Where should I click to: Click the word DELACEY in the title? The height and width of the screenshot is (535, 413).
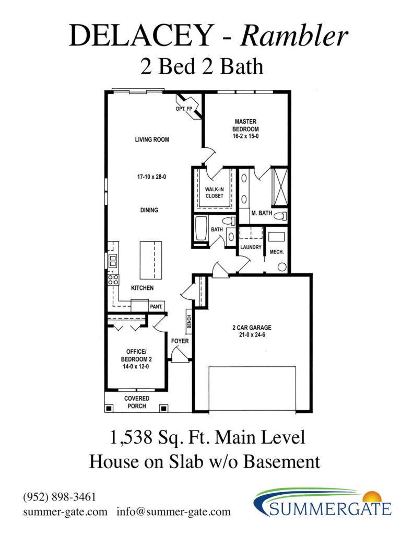(x=141, y=36)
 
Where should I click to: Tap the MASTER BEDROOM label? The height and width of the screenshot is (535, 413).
(x=245, y=125)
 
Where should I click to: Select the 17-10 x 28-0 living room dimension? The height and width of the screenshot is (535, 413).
(x=151, y=177)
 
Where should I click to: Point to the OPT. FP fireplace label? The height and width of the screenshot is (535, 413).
(x=184, y=109)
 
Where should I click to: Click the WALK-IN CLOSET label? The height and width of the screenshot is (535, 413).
(x=215, y=192)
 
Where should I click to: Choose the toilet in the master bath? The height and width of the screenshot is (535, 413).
(x=280, y=216)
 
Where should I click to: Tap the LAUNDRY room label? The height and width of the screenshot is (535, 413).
(x=251, y=247)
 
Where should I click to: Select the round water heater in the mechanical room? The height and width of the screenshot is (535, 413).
(x=282, y=267)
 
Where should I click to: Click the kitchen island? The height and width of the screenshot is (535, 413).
(x=151, y=260)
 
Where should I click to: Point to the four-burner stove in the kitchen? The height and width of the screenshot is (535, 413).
(x=113, y=280)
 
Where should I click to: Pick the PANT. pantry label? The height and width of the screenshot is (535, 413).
(x=156, y=307)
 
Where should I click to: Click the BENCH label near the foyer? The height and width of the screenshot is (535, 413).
(x=189, y=322)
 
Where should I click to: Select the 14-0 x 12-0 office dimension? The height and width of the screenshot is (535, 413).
(x=136, y=366)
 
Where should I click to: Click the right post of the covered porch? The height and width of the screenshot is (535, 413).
(x=164, y=408)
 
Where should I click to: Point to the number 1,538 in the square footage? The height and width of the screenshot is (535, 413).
(x=131, y=437)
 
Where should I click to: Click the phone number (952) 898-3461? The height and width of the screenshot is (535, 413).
(x=60, y=497)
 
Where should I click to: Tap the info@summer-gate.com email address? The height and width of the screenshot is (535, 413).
(x=173, y=512)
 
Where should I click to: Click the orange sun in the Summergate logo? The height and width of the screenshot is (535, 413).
(x=372, y=496)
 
